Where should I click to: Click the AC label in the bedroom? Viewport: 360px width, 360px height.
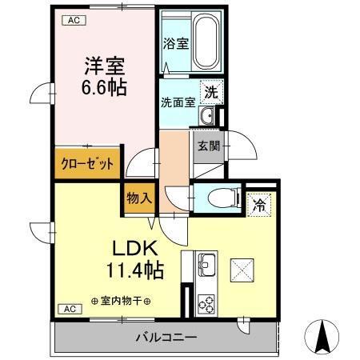point(74,20)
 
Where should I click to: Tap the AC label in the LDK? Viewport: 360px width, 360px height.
point(70,309)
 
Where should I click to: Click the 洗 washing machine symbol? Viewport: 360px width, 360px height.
point(211,92)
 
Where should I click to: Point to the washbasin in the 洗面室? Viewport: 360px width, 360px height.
point(206,116)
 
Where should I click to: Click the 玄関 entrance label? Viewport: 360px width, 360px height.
point(209,146)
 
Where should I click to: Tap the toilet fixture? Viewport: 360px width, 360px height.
point(222,198)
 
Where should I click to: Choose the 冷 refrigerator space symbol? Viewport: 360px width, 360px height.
point(259,205)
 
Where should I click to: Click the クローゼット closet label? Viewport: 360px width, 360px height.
point(87,164)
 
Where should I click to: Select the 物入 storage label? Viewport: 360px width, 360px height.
point(139,198)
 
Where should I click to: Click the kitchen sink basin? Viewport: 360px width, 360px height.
point(206,265)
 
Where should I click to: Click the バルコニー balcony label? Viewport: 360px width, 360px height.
point(166,338)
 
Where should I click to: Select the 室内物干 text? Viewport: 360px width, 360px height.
point(121,301)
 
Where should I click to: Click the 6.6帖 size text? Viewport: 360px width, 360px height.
point(104,87)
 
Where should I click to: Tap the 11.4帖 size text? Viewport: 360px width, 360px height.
point(134,270)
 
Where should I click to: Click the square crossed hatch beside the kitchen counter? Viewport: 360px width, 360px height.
point(242,270)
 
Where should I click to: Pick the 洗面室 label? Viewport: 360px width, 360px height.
point(178,102)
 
